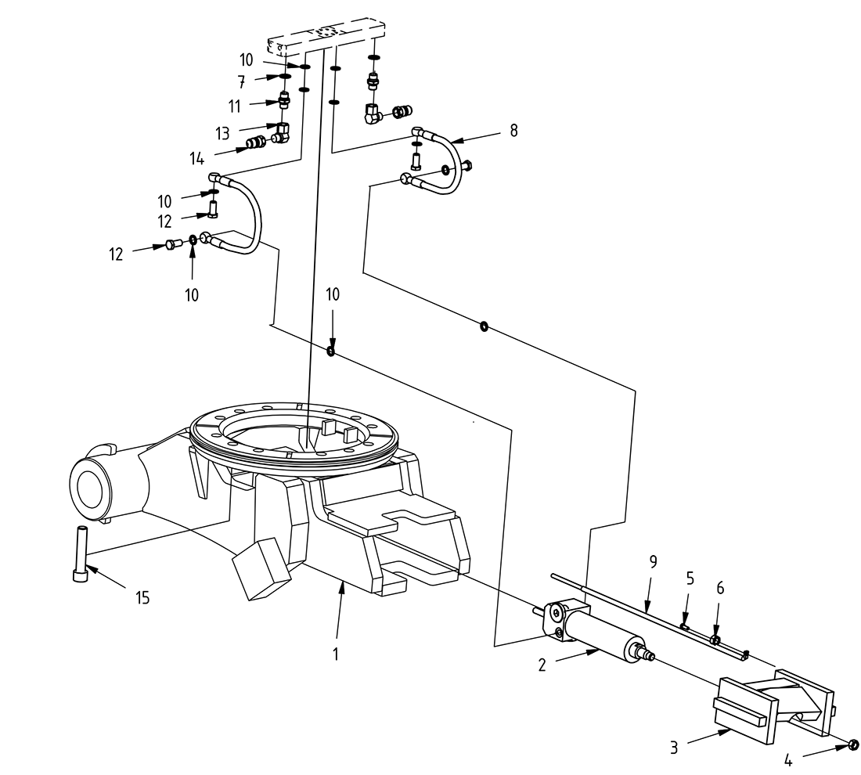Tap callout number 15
pyautogui.click(x=142, y=599)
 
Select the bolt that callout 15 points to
pyautogui.click(x=81, y=554)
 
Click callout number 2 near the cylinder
pyautogui.click(x=542, y=665)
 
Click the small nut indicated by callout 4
pyautogui.click(x=854, y=744)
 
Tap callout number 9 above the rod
pyautogui.click(x=654, y=561)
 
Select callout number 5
pyautogui.click(x=690, y=579)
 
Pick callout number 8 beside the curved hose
pyautogui.click(x=513, y=131)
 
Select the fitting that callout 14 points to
pyautogui.click(x=255, y=142)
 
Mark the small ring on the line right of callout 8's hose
pyautogui.click(x=485, y=326)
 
